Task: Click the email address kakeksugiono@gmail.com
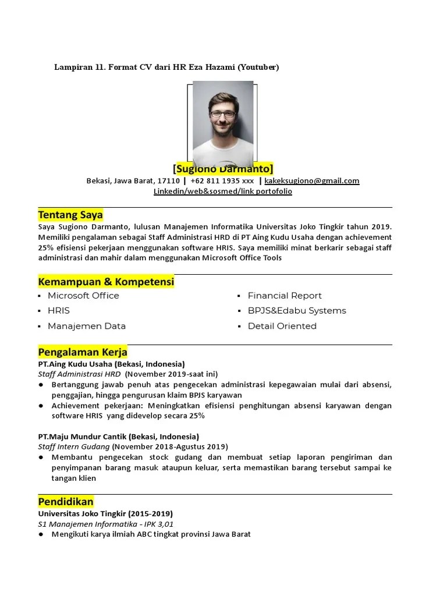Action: coord(312,181)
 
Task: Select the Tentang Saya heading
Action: coord(70,215)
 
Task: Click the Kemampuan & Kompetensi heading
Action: coord(106,282)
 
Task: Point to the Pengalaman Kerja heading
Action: coord(83,352)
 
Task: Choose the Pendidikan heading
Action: coord(66,502)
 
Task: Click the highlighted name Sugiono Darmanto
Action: coord(223,169)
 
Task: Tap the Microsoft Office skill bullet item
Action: coord(83,296)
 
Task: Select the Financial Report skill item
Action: coord(285,296)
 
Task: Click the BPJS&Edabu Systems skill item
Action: coord(297,311)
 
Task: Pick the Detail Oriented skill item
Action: coord(282,326)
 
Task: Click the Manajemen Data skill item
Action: coord(87,326)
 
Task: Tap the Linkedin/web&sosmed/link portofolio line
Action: coord(223,191)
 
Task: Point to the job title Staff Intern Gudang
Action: coord(74,447)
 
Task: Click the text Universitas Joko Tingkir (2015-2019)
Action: coord(105,514)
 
